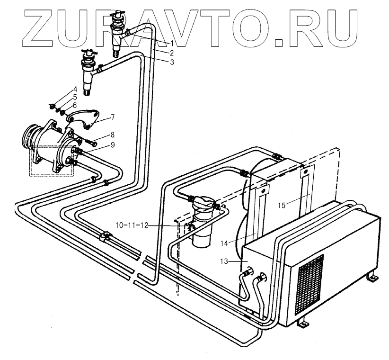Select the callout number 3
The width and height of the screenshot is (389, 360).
pyautogui.click(x=172, y=62)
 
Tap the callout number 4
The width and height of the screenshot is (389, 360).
pyautogui.click(x=74, y=90)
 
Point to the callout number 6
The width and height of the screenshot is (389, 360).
pyautogui.click(x=74, y=105)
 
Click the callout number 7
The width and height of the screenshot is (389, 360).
pyautogui.click(x=113, y=117)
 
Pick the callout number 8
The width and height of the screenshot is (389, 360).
pyautogui.click(x=112, y=134)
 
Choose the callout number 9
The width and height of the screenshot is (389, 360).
pyautogui.click(x=112, y=144)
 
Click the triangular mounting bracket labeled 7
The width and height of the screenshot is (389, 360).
pyautogui.click(x=85, y=121)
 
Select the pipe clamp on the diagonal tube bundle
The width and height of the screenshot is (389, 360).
pyautogui.click(x=105, y=235)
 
